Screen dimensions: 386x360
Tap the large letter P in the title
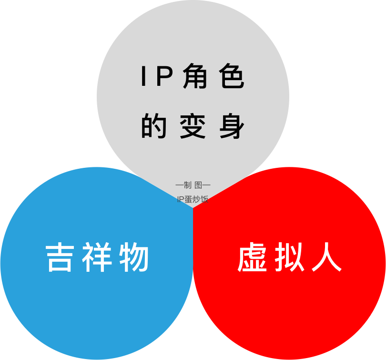tap(163, 77)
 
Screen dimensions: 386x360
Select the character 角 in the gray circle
tap(193, 77)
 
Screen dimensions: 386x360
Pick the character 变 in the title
tap(193, 126)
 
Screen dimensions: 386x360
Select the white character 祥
tap(97, 258)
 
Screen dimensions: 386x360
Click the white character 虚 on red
tap(252, 258)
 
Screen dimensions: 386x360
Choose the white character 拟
tap(289, 258)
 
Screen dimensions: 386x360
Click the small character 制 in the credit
tap(187, 185)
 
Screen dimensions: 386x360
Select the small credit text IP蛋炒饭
tap(193, 199)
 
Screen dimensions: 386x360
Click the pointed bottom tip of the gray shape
tap(193, 207)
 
